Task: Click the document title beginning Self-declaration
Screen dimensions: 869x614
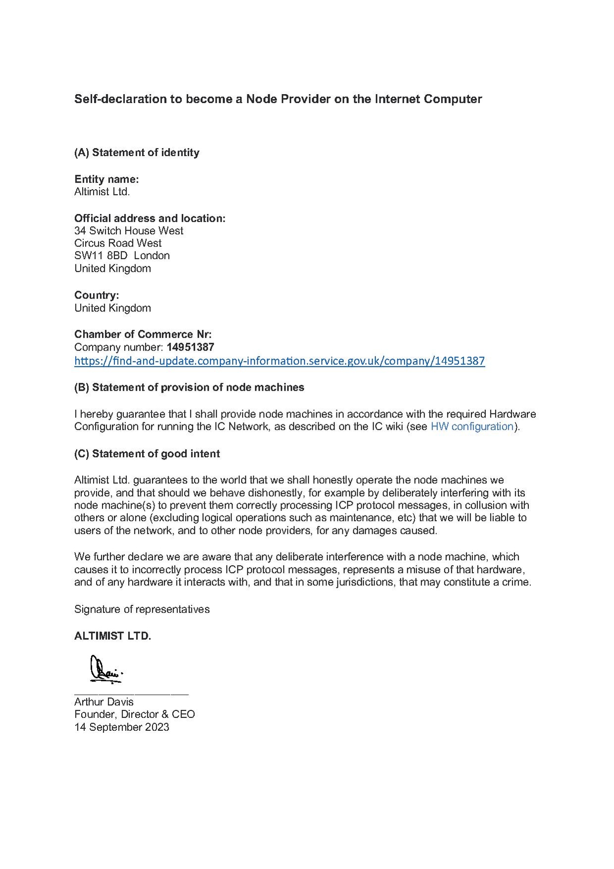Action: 278,99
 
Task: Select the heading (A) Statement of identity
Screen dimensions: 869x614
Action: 137,153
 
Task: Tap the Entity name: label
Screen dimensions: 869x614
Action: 107,179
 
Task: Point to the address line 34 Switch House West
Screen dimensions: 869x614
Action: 129,231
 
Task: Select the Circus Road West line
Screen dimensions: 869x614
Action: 118,243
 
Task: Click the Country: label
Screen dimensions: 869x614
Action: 97,295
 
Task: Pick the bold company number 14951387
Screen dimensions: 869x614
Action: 190,347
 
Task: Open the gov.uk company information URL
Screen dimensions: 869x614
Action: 279,361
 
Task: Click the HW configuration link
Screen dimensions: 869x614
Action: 472,427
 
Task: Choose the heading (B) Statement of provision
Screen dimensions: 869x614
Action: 189,388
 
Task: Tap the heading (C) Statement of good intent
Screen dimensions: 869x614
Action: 147,454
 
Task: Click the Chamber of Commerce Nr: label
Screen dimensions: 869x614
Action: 143,334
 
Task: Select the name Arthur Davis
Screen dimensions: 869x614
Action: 104,702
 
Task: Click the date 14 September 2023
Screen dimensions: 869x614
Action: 122,727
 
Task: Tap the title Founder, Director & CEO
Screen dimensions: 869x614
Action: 135,714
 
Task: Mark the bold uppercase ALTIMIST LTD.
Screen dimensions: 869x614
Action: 112,636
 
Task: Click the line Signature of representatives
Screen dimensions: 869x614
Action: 142,609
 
